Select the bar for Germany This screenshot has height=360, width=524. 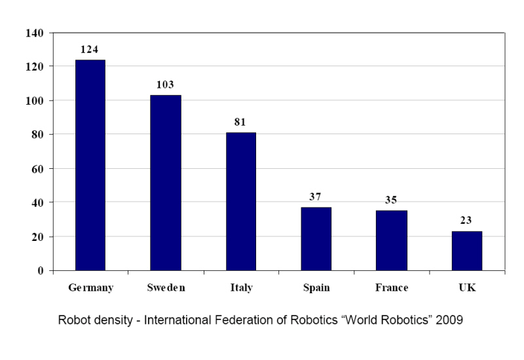(x=90, y=165)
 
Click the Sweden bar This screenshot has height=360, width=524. (x=166, y=183)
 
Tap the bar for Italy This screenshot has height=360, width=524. (x=241, y=202)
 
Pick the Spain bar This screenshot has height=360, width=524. (x=316, y=239)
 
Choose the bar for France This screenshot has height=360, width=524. (x=392, y=240)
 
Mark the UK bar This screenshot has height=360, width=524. (x=467, y=251)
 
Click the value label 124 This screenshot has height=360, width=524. (x=90, y=50)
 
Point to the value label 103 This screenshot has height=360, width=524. (x=166, y=85)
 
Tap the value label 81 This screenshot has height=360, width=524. (x=241, y=122)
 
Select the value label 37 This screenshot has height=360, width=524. (x=316, y=197)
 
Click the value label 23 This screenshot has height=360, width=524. (x=467, y=221)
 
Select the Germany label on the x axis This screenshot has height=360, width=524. (x=90, y=288)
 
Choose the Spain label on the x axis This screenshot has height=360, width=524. (x=316, y=288)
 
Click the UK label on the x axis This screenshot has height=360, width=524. (x=467, y=288)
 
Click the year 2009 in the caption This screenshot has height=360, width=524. (x=450, y=321)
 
